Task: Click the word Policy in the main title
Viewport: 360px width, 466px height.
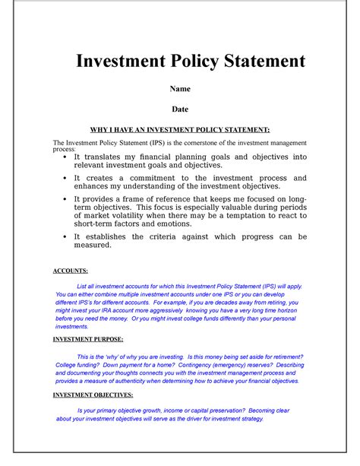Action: click(x=193, y=61)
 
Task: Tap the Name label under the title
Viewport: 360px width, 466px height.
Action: click(x=180, y=89)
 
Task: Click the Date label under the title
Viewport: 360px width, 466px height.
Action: click(x=180, y=109)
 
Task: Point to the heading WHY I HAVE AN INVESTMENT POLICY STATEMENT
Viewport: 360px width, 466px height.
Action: click(x=180, y=129)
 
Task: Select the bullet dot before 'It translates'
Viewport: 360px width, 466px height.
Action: click(x=64, y=157)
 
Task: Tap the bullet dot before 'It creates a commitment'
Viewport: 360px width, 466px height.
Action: click(x=64, y=178)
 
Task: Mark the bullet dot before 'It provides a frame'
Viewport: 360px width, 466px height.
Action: click(x=64, y=198)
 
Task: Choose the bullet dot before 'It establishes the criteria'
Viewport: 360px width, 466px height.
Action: click(x=64, y=237)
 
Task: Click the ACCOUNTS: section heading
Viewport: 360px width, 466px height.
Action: click(x=70, y=271)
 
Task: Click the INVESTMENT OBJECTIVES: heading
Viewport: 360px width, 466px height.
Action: click(x=93, y=395)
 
